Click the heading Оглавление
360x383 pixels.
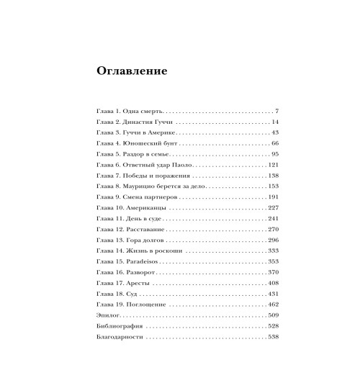[x=131, y=72]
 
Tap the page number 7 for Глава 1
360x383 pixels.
[x=276, y=112]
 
